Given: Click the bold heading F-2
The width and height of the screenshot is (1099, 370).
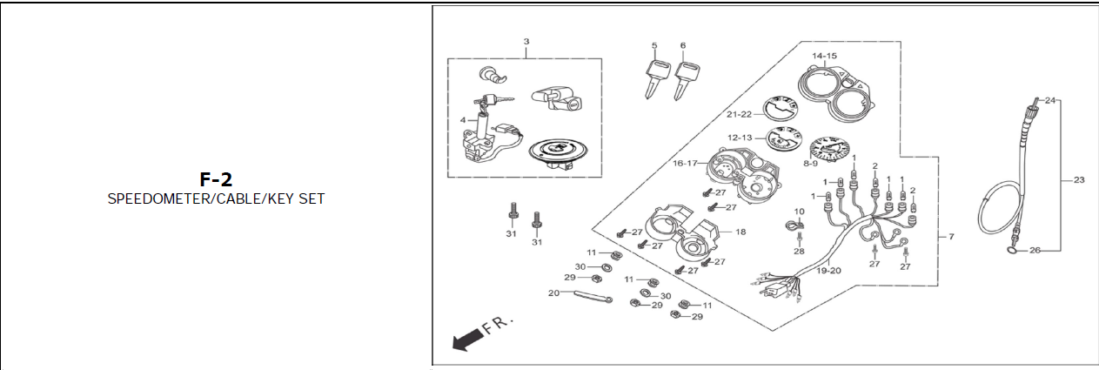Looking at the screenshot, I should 216,180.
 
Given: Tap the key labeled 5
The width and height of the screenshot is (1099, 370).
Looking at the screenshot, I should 653,76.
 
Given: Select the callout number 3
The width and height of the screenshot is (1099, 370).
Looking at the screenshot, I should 526,42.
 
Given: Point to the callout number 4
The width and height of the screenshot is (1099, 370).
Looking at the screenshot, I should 464,118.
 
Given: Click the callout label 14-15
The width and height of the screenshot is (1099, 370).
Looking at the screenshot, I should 825,56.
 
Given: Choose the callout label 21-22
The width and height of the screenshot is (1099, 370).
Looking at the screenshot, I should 739,114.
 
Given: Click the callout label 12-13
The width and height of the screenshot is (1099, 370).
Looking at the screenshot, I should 740,137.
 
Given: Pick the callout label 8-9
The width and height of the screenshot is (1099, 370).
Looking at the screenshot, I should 810,163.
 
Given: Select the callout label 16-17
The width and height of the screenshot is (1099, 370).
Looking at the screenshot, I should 685,163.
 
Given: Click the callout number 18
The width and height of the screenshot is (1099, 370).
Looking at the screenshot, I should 740,232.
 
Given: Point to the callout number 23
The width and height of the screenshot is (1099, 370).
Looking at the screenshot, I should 1079,180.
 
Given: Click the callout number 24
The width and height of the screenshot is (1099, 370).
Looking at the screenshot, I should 1050,101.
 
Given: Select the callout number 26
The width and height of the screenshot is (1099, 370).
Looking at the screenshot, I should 1035,251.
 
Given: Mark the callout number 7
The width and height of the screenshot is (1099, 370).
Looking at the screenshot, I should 951,237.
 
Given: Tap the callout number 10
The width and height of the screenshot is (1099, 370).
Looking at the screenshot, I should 799,212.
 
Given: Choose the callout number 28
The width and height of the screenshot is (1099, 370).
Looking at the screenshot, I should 799,251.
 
